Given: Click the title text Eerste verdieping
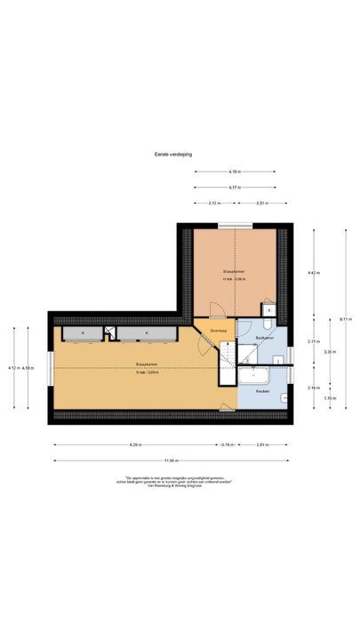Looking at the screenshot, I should [x=166, y=154].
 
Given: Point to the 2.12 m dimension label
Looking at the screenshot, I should [x=214, y=204].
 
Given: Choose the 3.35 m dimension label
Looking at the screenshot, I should [x=330, y=352].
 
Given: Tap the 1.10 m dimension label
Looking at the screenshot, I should [x=330, y=397].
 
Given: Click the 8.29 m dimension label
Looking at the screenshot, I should [x=135, y=444].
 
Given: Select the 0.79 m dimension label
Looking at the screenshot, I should [x=226, y=444].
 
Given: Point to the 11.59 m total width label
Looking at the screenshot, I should [x=172, y=460].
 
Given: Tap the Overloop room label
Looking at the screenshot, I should [x=219, y=332].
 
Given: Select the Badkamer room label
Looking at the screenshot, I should [x=264, y=339].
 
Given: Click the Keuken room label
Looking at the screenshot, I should [x=263, y=391].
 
